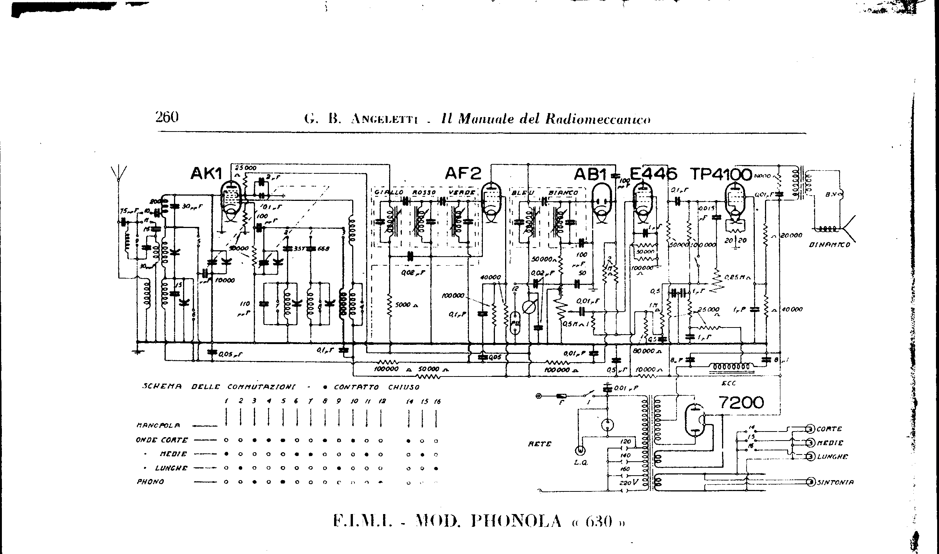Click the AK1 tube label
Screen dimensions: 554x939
206,174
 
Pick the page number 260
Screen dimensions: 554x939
166,118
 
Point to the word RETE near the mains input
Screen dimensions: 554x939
540,444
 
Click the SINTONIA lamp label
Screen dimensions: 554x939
835,482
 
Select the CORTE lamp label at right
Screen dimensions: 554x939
829,429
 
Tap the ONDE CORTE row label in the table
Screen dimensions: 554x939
162,440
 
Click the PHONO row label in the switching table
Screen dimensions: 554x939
150,482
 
